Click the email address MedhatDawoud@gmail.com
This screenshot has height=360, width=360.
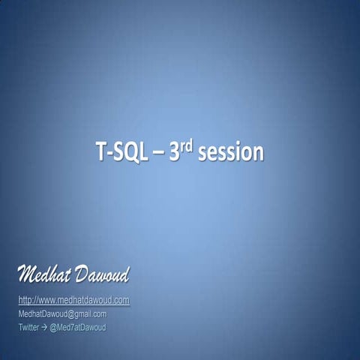[61, 314]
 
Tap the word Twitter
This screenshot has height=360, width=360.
[28, 328]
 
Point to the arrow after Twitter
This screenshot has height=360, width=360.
[43, 328]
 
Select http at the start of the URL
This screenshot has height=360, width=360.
[23, 301]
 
